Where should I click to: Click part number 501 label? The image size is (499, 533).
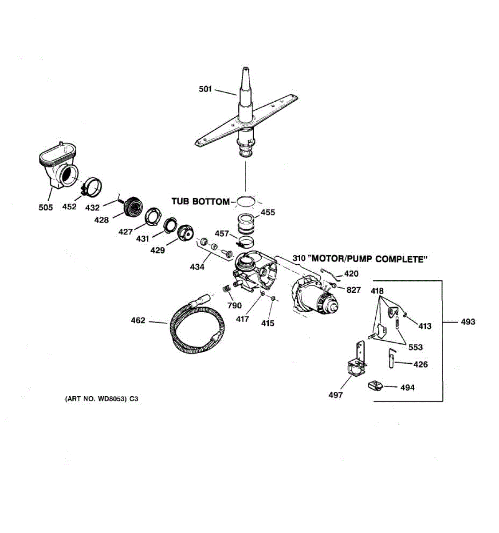click(x=205, y=89)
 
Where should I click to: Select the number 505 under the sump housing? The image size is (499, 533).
click(x=45, y=207)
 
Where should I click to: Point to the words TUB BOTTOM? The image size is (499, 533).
click(x=200, y=202)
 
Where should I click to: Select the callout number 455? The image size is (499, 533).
click(x=267, y=212)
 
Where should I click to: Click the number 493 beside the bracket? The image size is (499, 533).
click(x=468, y=322)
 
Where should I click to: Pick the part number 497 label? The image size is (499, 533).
click(x=335, y=395)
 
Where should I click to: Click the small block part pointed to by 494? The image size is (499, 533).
click(x=375, y=385)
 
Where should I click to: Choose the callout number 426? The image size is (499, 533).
click(x=420, y=365)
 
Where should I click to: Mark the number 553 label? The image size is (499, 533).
click(x=415, y=347)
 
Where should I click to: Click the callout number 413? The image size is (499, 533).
click(x=424, y=326)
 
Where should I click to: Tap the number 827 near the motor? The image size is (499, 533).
click(x=354, y=290)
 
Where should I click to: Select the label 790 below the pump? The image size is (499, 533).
click(x=235, y=306)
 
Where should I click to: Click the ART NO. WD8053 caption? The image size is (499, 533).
click(x=102, y=399)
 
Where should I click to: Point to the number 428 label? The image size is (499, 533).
click(x=102, y=219)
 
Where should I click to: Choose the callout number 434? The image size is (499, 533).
click(x=197, y=267)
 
